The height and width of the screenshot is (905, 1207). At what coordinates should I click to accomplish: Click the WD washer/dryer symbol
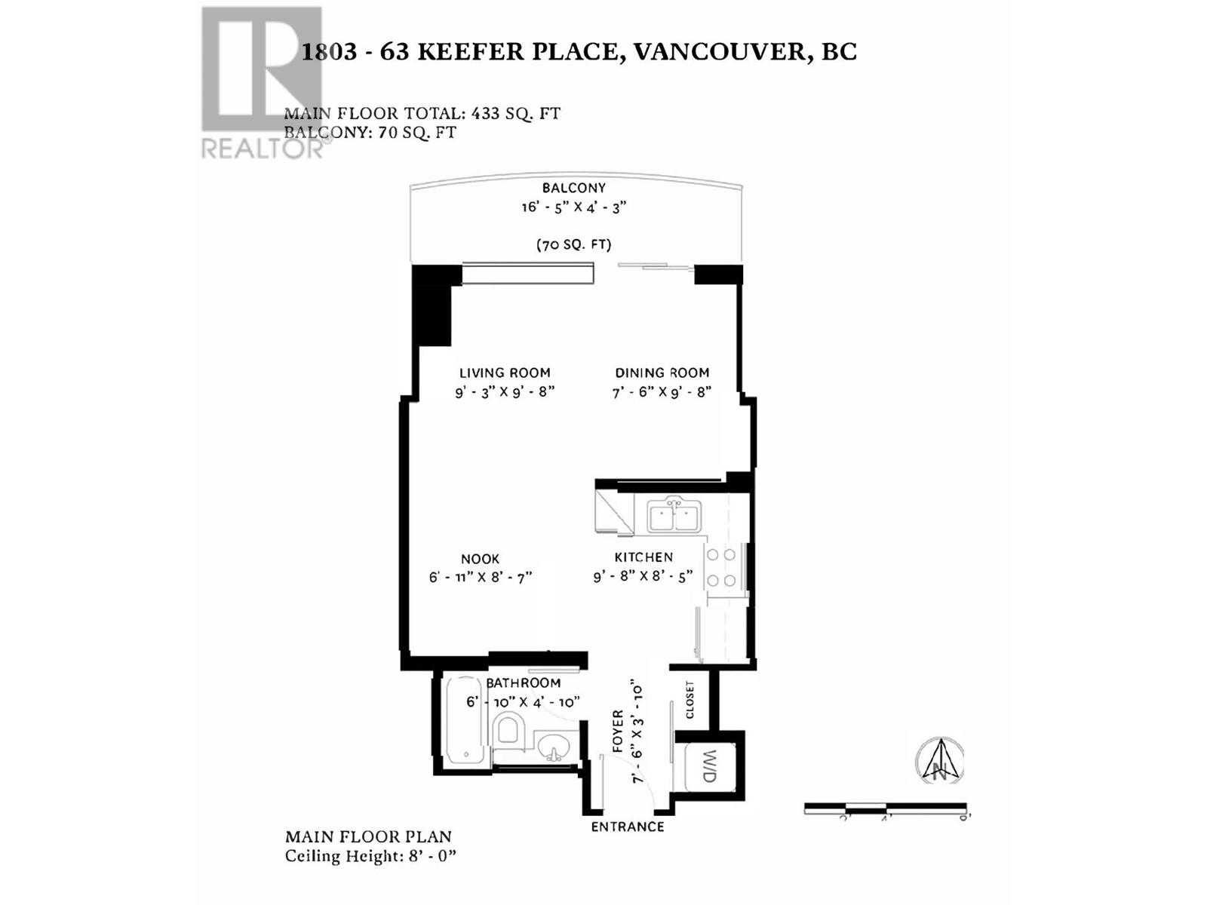[709, 766]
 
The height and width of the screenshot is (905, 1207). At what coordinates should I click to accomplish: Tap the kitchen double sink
[674, 517]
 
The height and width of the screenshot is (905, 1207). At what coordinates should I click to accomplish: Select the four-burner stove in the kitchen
[721, 567]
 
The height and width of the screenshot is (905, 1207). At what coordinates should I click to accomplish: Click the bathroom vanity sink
[554, 750]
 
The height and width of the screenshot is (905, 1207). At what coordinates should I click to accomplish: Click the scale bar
[886, 808]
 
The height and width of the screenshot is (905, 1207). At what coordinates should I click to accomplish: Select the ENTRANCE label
[627, 827]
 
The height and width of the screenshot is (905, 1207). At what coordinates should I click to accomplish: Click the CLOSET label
[689, 700]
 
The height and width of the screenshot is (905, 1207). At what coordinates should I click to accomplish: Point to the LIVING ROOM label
[505, 373]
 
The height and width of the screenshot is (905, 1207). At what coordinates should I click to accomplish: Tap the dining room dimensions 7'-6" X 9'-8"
[662, 392]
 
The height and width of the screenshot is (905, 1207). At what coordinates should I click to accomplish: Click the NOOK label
[480, 559]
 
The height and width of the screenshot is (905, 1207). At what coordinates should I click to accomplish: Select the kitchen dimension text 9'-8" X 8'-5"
[643, 577]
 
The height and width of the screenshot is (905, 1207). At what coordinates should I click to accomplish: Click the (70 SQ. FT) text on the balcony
[573, 244]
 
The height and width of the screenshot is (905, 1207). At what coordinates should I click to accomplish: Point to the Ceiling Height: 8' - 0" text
[371, 856]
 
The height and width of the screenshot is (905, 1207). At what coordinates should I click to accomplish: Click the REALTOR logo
[262, 83]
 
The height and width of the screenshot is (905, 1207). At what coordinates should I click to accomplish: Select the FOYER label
[618, 732]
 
